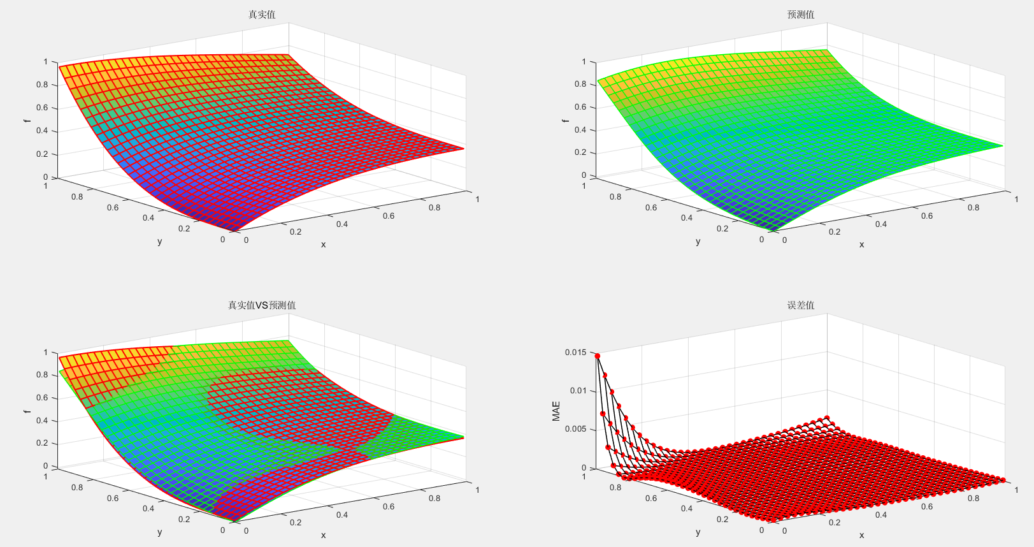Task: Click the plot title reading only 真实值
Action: (x=262, y=15)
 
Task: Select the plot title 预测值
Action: (x=801, y=15)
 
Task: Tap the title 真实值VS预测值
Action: (x=262, y=305)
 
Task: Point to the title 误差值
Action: (x=801, y=305)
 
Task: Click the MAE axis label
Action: (x=556, y=411)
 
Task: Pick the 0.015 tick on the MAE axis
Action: (x=575, y=353)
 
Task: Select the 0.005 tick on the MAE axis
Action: (x=575, y=429)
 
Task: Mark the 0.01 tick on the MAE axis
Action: (x=578, y=391)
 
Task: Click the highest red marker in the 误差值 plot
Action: (x=597, y=356)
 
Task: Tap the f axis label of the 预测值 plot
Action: (x=565, y=120)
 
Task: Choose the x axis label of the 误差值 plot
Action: (x=861, y=536)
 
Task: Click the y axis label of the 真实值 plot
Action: (x=159, y=242)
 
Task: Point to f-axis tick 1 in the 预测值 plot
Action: (x=584, y=62)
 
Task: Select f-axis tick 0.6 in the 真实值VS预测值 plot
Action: (x=42, y=398)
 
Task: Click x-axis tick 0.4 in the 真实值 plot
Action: (x=342, y=224)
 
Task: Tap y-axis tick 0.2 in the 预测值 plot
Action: (x=722, y=228)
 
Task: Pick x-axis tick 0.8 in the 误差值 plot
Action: (x=973, y=499)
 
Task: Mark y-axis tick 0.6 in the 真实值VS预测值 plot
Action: (x=113, y=499)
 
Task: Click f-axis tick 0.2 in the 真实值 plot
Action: (x=42, y=154)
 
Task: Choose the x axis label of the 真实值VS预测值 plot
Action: (x=323, y=536)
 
